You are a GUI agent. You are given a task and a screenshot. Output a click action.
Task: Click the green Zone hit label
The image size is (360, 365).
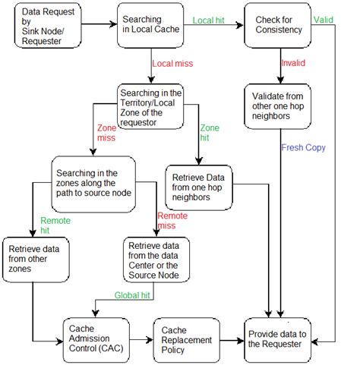(x=207, y=134)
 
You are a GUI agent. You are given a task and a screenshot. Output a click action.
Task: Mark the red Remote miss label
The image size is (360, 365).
(x=172, y=221)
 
